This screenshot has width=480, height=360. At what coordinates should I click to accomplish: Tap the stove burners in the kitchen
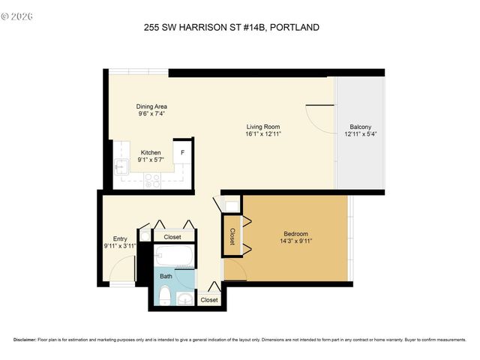click(x=152, y=180)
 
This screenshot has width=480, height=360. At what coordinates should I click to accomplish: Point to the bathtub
click(x=173, y=256)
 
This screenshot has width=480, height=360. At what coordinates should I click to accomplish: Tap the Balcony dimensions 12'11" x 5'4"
click(x=359, y=135)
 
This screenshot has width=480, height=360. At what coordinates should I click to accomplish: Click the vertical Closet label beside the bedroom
click(x=232, y=237)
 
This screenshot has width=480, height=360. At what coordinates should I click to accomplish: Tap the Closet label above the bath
click(x=172, y=237)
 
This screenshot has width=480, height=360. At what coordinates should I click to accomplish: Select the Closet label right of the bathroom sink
click(x=209, y=300)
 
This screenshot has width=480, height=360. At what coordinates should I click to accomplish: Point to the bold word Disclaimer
click(x=25, y=340)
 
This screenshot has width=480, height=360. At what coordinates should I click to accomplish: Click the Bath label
click(x=166, y=276)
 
